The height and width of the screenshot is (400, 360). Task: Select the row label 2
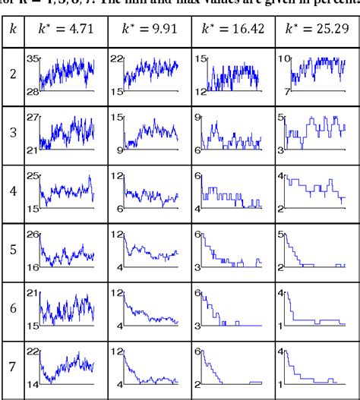coord(13,75)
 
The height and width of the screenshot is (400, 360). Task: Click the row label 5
coord(13,247)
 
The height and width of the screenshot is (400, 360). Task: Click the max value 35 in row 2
coord(32,59)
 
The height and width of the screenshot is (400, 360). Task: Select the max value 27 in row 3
coord(32,118)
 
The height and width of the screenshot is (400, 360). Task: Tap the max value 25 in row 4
coord(32,176)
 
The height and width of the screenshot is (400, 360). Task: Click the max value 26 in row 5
coord(32,234)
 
